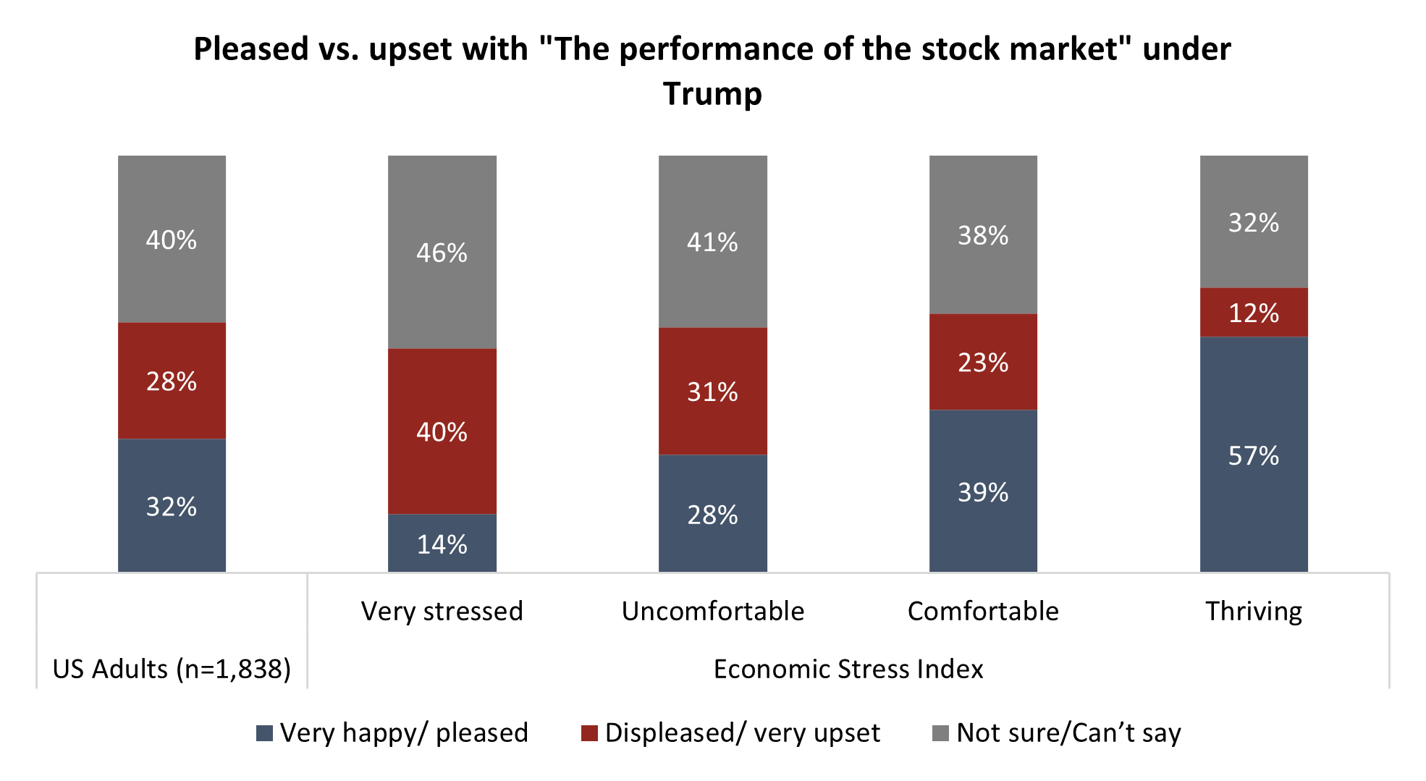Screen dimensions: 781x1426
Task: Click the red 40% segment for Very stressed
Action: coord(442,431)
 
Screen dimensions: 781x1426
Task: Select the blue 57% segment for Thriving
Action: coord(1254,455)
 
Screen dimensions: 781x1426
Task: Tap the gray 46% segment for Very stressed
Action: coord(442,252)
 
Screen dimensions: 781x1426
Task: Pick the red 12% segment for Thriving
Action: coord(1254,313)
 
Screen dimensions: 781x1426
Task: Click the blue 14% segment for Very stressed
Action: coord(442,544)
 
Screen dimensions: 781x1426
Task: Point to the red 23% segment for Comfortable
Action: coord(983,362)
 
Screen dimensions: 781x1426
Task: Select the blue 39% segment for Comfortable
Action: coord(983,491)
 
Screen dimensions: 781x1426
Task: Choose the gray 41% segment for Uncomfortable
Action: coord(712,242)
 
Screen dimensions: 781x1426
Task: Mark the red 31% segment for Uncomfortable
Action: coord(712,392)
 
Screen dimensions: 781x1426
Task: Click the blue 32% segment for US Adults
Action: coord(172,506)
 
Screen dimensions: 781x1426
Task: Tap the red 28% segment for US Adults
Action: coord(172,381)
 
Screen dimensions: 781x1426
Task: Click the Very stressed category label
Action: coord(442,612)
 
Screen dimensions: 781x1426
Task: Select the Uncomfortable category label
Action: coord(712,612)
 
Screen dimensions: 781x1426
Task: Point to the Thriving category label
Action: coord(1254,612)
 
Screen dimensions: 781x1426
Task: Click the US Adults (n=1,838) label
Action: coord(172,669)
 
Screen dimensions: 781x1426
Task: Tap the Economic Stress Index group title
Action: coord(848,669)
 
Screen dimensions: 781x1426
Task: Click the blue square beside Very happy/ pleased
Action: coord(265,733)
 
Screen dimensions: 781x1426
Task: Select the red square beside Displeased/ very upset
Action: coord(589,733)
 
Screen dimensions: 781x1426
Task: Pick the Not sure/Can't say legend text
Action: coord(1068,733)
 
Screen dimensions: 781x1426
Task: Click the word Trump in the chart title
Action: coord(712,94)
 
